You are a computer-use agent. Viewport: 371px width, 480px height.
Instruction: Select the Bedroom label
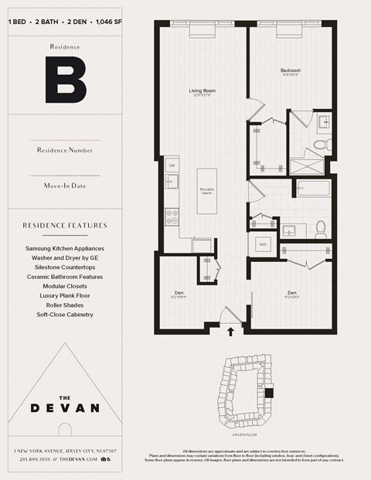point(290,71)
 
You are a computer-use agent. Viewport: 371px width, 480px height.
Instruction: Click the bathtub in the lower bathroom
point(313,187)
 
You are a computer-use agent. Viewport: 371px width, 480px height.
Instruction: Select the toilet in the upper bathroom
point(327,144)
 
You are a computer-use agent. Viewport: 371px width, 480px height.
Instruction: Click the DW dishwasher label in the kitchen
point(172,165)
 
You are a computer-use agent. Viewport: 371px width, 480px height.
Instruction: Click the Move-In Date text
point(65,186)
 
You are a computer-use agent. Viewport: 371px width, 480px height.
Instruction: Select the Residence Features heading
point(65,226)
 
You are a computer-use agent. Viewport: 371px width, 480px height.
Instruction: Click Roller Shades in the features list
point(65,305)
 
